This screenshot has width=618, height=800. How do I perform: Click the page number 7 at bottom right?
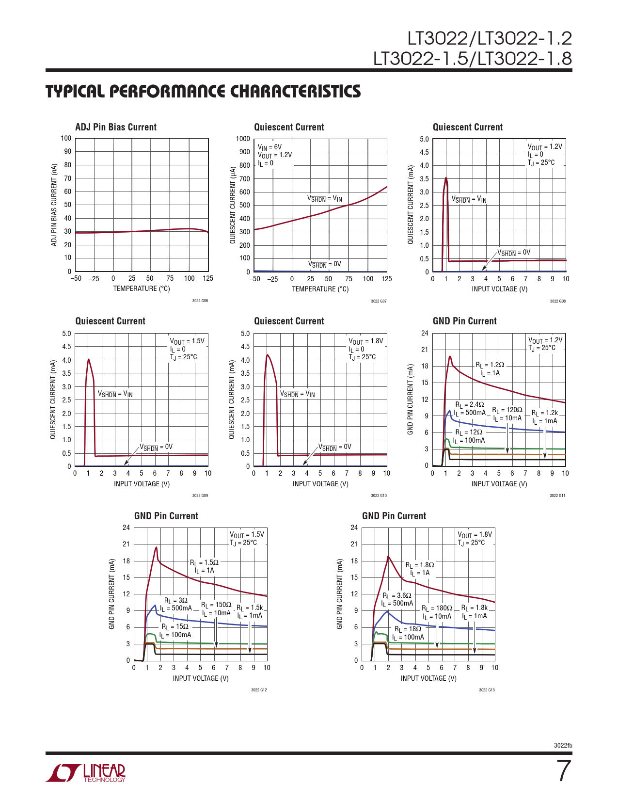[x=563, y=771]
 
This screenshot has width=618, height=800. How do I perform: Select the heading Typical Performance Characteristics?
[x=203, y=91]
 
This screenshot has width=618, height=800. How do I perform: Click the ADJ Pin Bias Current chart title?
[x=116, y=127]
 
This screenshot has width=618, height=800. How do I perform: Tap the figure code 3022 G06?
[x=200, y=301]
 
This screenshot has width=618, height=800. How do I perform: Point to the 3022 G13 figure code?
[x=487, y=690]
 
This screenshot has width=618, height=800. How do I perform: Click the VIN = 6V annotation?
[x=269, y=147]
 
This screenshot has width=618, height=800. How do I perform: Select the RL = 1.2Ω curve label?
[x=490, y=365]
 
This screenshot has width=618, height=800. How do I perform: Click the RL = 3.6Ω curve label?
[x=397, y=595]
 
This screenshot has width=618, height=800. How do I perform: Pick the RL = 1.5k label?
[x=250, y=608]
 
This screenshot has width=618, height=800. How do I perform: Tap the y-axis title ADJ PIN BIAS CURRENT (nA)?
[x=54, y=205]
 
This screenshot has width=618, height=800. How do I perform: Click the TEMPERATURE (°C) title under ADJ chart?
[x=142, y=288]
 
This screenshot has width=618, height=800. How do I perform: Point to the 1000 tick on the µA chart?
[x=243, y=139]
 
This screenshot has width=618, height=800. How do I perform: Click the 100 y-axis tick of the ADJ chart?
[x=66, y=138]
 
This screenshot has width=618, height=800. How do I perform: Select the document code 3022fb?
[x=563, y=746]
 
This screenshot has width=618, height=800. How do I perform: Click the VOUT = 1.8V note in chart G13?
[x=475, y=534]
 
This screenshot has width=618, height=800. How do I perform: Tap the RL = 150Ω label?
[x=216, y=605]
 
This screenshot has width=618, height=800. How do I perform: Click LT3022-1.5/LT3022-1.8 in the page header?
[x=472, y=59]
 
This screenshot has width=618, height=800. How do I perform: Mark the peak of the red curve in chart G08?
[x=446, y=177]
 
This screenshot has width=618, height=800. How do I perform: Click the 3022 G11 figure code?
[x=557, y=496]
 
